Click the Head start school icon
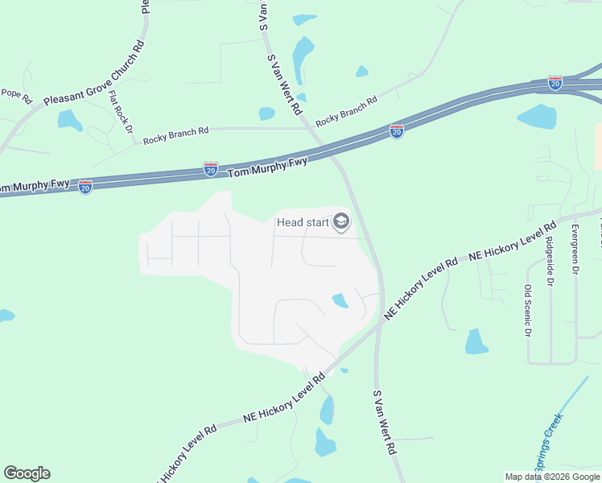tap(341, 221)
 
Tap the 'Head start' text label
tap(303, 222)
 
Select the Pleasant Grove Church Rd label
tap(93, 72)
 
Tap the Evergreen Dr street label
tap(575, 250)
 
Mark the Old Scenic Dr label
tap(528, 311)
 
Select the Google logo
tap(27, 473)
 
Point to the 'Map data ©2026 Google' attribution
tap(552, 477)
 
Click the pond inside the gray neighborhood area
tap(340, 300)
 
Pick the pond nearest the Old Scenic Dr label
tap(476, 342)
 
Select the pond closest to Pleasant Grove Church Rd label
tap(69, 120)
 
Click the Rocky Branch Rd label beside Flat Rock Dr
tap(175, 135)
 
